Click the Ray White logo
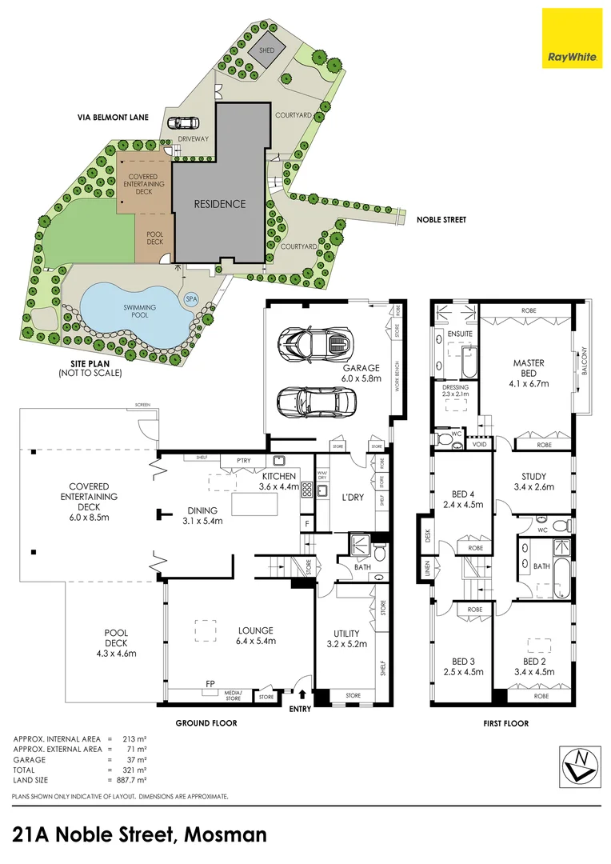pos(572,38)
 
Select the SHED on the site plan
pos(266,51)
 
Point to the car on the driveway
pos(183,123)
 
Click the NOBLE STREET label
pos(437,219)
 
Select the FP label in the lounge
pos(210,684)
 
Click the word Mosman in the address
pos(226,835)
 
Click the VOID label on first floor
pos(480,444)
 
